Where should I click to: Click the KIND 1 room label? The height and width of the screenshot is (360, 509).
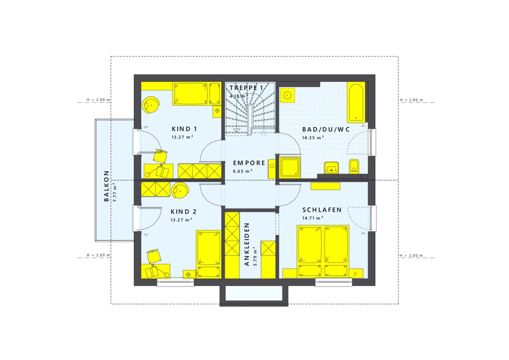click(184, 129)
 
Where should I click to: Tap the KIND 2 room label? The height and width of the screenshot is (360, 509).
click(183, 212)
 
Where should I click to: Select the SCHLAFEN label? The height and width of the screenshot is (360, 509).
click(322, 210)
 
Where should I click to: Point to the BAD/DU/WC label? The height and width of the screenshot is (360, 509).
click(326, 130)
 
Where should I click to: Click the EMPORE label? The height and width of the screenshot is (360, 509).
click(249, 163)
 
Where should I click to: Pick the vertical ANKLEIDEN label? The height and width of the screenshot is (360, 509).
click(247, 244)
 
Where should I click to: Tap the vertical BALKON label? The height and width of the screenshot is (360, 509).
click(106, 186)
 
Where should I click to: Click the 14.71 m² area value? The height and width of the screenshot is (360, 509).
click(313, 218)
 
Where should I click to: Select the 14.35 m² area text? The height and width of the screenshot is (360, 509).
click(313, 138)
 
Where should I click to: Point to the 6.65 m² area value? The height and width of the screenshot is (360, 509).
click(243, 171)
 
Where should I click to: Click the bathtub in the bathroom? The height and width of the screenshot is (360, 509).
click(356, 102)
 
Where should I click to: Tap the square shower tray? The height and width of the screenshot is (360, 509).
click(290, 167)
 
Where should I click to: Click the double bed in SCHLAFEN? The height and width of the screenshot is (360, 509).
click(323, 251)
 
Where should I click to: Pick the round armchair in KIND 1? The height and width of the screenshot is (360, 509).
click(151, 105)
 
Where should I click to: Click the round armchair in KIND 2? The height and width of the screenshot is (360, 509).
click(180, 190)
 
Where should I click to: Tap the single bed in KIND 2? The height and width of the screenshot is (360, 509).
click(209, 254)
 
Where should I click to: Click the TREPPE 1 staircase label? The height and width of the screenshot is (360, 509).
click(246, 88)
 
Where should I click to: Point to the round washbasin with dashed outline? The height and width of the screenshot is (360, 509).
click(287, 95)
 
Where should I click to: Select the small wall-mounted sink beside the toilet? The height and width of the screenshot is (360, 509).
click(332, 168)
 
